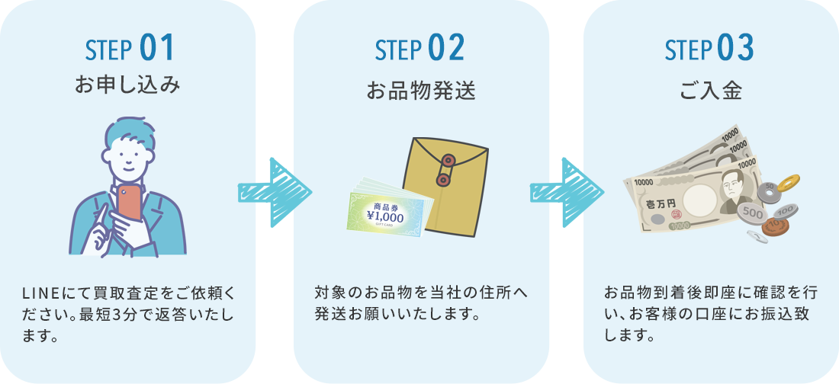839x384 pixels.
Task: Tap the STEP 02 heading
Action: coord(419,48)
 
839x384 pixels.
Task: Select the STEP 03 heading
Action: coord(709,48)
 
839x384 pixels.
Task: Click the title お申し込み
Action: coord(128,85)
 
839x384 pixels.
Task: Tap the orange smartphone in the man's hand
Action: coord(130,202)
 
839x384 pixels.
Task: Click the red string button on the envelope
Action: coord(446,162)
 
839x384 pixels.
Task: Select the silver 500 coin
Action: coord(752,213)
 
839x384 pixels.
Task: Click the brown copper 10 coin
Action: coord(776,226)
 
